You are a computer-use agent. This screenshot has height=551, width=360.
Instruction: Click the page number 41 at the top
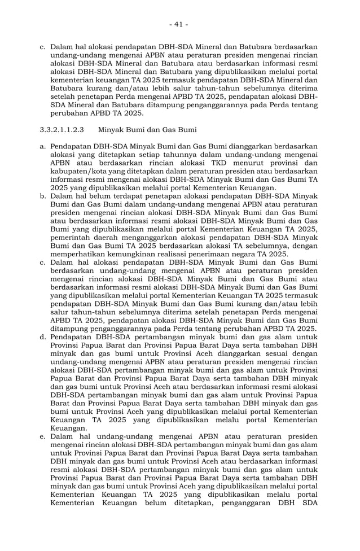click(179, 24)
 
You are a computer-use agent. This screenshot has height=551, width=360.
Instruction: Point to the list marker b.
click(43, 196)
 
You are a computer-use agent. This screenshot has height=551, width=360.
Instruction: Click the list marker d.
click(43, 337)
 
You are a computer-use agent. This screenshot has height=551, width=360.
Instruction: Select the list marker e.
click(43, 436)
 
